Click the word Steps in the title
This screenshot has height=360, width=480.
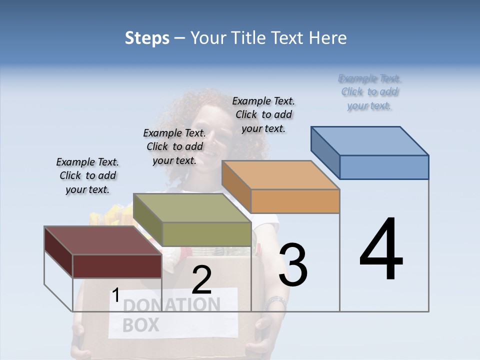click(147, 38)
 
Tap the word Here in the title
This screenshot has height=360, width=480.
click(326, 38)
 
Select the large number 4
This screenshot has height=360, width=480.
click(381, 250)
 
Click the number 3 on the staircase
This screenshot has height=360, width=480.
click(293, 265)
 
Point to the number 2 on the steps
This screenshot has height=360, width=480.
click(201, 280)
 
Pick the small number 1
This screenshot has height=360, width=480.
click(115, 295)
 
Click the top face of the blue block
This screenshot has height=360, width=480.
click(370, 141)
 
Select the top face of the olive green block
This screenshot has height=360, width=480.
click(192, 208)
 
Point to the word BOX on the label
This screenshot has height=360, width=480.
click(140, 325)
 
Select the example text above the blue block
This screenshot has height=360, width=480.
click(369, 92)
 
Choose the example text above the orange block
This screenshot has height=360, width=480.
click(263, 114)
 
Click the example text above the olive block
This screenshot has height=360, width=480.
click(174, 146)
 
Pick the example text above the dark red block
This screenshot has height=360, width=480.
click(87, 175)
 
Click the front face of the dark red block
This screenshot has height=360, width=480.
click(117, 266)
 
